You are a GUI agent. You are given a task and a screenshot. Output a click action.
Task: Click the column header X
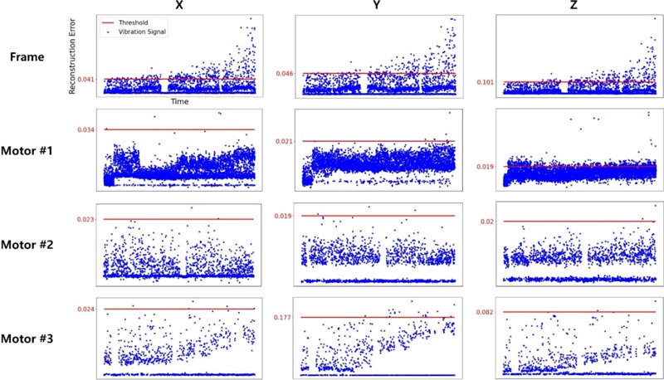click(x=179, y=7)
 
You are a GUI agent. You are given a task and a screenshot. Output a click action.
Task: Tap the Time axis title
click(x=178, y=101)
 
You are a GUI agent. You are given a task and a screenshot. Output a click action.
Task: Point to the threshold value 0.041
click(x=84, y=80)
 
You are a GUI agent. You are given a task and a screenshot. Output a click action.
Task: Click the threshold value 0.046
click(x=286, y=74)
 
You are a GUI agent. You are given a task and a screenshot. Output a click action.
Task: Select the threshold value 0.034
click(x=84, y=129)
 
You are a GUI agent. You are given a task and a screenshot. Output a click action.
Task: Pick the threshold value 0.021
click(x=286, y=142)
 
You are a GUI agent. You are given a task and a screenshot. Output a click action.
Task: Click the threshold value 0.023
click(x=84, y=219)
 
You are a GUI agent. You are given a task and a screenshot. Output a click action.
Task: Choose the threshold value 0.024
click(x=84, y=309)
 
